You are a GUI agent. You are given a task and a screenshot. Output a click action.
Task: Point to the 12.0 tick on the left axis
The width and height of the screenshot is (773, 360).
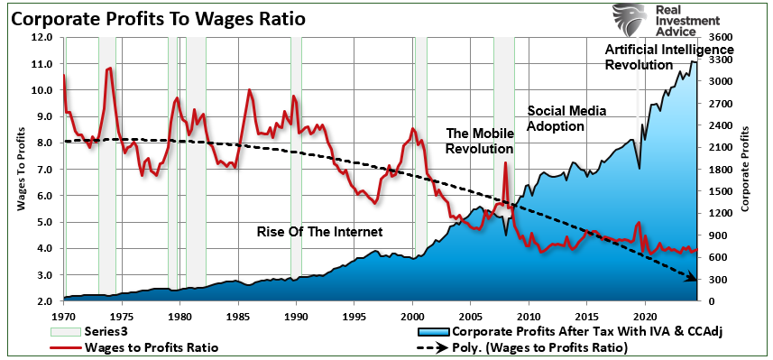point(43,38)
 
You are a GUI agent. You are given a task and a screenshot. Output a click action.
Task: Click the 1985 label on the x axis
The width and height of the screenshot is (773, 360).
point(238,317)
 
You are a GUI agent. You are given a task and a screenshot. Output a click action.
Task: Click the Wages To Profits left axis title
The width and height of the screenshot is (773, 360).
point(20,171)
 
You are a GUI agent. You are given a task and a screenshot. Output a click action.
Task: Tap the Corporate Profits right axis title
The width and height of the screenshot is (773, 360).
point(745,171)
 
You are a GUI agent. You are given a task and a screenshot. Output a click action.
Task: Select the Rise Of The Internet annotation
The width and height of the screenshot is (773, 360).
point(320,232)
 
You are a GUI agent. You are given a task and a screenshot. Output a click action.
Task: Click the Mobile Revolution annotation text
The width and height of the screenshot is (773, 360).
point(480,141)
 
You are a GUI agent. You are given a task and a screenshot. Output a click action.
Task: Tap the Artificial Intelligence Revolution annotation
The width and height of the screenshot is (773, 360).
point(668,57)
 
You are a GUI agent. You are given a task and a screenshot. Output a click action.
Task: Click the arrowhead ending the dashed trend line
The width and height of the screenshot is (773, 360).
point(694,279)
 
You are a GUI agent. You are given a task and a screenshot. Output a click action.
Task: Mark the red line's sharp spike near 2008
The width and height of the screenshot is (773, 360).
point(505,163)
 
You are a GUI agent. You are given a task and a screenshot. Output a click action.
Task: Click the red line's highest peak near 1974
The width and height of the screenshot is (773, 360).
point(110,68)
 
